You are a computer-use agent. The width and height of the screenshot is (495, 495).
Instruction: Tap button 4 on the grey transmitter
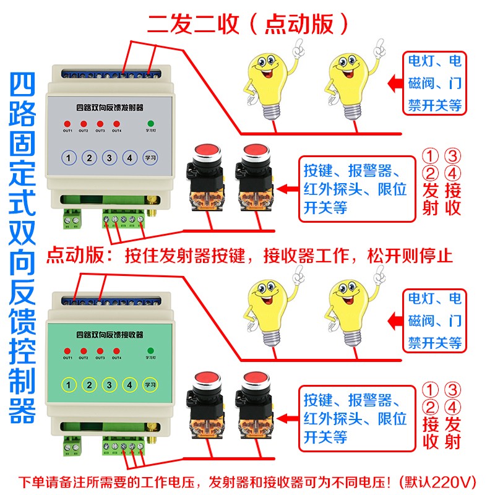129,158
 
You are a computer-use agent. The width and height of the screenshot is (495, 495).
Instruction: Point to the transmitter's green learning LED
150,124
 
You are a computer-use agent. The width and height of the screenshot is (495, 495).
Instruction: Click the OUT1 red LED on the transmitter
67,124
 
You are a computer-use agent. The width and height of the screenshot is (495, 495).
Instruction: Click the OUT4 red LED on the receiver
116,351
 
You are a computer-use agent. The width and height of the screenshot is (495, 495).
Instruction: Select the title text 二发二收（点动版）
248,24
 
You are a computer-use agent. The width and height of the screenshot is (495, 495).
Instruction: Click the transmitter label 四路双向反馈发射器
108,106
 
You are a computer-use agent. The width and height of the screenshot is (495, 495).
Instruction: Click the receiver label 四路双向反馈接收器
108,334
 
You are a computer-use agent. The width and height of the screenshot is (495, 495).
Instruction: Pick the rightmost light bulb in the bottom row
350,312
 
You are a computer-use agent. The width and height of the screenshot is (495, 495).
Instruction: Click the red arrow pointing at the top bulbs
391,83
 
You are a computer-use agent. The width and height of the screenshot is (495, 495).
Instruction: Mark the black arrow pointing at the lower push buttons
285,416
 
